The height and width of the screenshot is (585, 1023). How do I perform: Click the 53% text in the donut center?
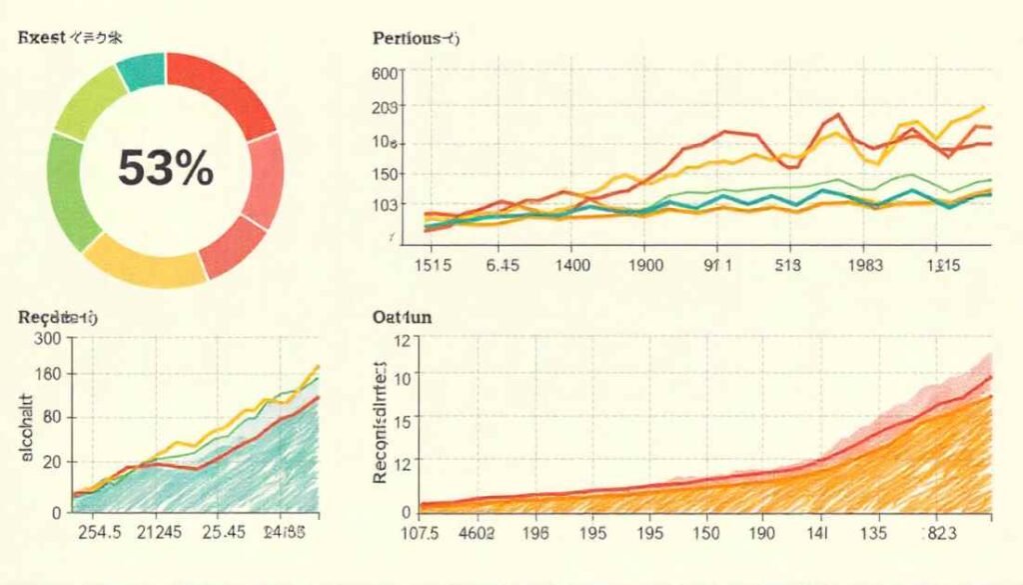pos(166,168)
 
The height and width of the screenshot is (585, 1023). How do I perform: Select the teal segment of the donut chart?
pos(139,72)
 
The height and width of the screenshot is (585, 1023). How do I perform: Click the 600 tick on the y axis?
pos(385,74)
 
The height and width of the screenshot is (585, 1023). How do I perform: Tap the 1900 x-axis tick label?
pos(645,266)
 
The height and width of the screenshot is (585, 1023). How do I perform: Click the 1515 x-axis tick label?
pos(433,266)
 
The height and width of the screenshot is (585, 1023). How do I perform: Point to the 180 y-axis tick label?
pos(47,375)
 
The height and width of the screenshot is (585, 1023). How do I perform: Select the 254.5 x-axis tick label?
pos(100,532)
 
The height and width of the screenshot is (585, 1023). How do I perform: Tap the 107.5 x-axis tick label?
pos(419,533)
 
